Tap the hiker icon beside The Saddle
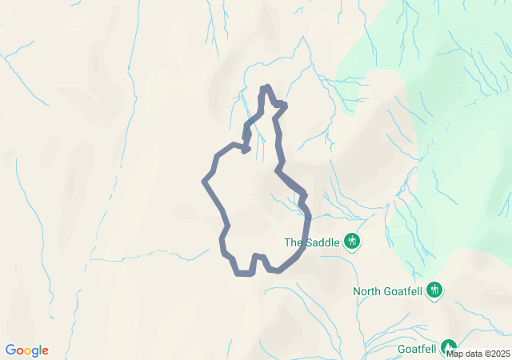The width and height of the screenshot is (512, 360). click(x=352, y=241)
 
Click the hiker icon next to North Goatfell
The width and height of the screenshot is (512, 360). click(x=434, y=290)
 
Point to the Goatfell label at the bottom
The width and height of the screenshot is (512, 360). click(x=417, y=349)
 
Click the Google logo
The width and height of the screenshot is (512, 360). click(x=27, y=350)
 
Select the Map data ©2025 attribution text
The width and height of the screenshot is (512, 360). click(x=478, y=354)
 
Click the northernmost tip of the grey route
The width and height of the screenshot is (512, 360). click(x=266, y=87)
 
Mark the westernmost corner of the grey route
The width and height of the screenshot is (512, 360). click(x=205, y=181)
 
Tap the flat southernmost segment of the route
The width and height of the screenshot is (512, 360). click(x=245, y=274)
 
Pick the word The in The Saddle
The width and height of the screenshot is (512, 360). click(x=294, y=242)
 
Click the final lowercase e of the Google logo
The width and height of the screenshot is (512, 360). click(x=45, y=351)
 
